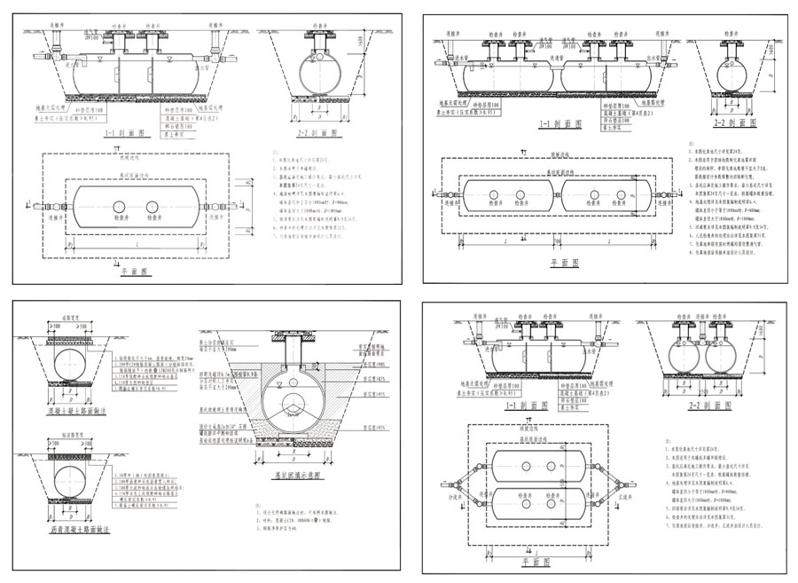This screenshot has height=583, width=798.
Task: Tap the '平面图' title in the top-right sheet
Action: [x=564, y=263]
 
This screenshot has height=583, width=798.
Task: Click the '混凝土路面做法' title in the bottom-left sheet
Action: [x=78, y=413]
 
